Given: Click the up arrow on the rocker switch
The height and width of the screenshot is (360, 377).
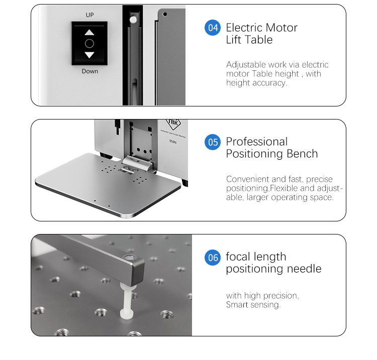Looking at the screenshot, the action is coord(89,33).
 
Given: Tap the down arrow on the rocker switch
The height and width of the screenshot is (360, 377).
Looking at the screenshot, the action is coord(89,55).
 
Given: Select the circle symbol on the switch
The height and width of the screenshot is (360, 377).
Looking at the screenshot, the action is coord(89,44).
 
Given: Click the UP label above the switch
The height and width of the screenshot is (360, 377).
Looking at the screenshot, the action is coord(89,15).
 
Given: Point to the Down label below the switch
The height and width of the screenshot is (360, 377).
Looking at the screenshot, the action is coord(90,71).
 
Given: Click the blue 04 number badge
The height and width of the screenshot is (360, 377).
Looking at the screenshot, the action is coord(213,28).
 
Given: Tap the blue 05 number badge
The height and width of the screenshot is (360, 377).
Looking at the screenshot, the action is coord(213,142).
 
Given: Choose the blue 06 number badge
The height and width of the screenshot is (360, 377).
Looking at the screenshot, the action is coord(213,258).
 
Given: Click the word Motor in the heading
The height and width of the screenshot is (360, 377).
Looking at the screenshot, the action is coord(281,28).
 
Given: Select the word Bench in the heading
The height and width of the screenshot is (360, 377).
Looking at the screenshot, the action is coord(302,154).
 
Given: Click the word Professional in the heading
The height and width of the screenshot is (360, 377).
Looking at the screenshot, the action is coord(257,142).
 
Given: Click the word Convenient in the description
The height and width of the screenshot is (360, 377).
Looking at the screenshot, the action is coord(248,179).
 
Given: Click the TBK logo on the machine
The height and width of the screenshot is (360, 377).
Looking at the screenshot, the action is coord(173,124).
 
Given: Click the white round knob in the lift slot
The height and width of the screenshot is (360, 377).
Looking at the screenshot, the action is coord(133,20).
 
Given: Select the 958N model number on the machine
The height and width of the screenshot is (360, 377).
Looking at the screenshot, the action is coord(172,142).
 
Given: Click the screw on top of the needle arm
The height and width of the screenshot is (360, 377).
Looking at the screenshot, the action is coord(130,258).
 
